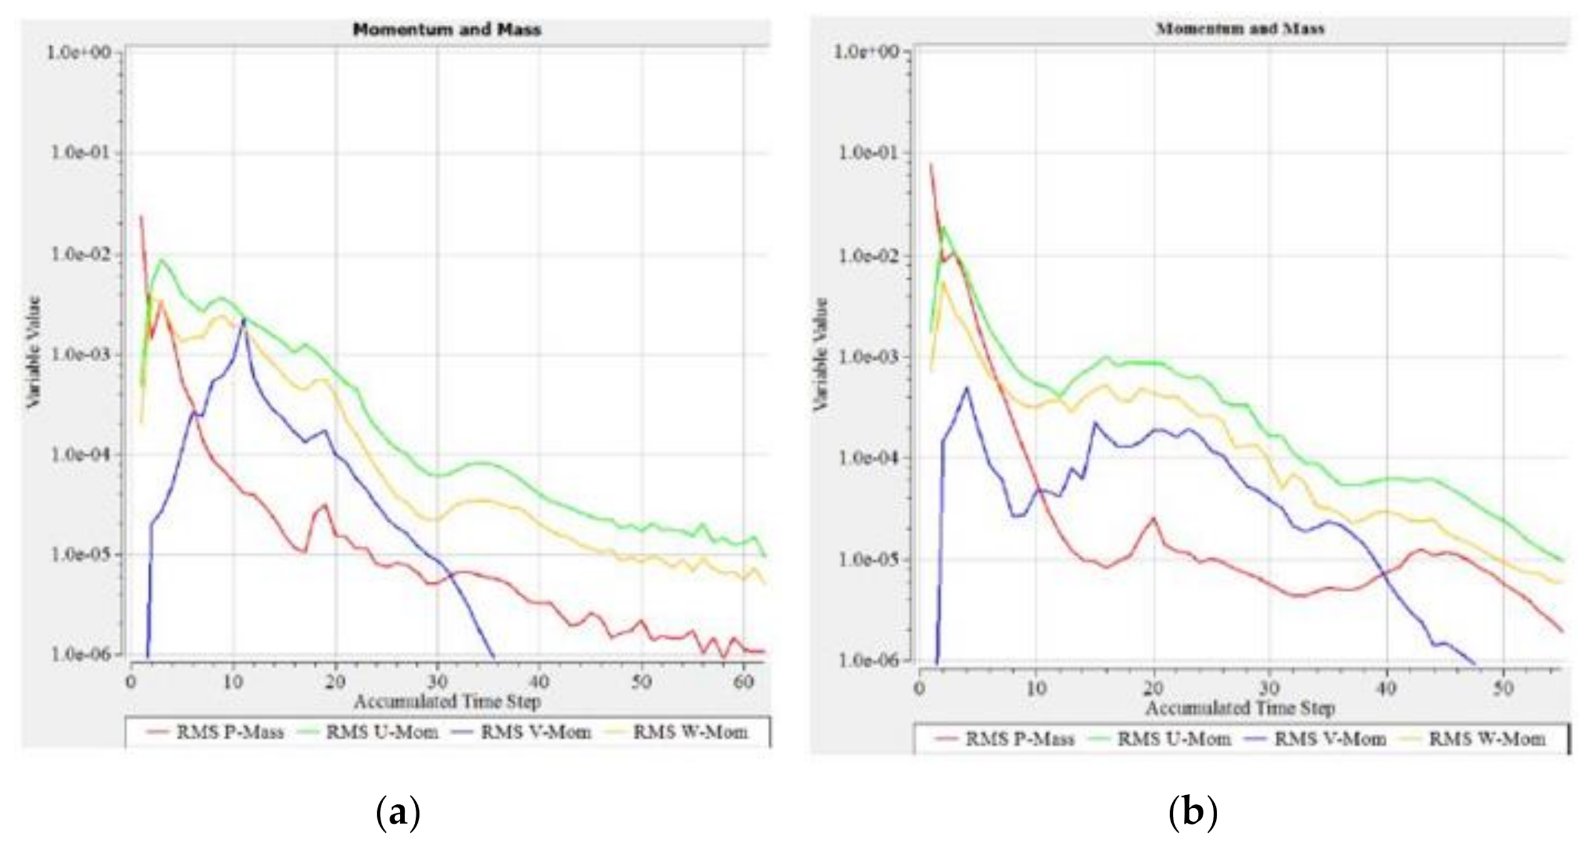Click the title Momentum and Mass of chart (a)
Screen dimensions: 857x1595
pyautogui.click(x=446, y=29)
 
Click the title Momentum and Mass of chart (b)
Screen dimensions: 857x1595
pyautogui.click(x=1240, y=28)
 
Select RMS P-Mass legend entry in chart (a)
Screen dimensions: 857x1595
pyautogui.click(x=229, y=732)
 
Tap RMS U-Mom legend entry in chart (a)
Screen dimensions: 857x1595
pyautogui.click(x=381, y=732)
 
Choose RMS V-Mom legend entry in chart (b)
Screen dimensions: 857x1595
pyautogui.click(x=1329, y=738)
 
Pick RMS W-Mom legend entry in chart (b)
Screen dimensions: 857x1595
pyautogui.click(x=1486, y=738)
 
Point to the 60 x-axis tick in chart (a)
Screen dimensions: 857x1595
pyautogui.click(x=744, y=682)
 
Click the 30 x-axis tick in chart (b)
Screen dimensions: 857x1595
pyautogui.click(x=1269, y=688)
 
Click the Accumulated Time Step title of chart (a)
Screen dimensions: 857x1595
pyautogui.click(x=447, y=701)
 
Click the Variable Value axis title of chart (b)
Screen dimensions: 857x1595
pyautogui.click(x=821, y=353)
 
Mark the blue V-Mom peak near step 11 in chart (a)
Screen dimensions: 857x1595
pyautogui.click(x=244, y=320)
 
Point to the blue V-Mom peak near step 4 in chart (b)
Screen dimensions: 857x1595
pyautogui.click(x=966, y=388)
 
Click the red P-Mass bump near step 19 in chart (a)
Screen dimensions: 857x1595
pyautogui.click(x=325, y=505)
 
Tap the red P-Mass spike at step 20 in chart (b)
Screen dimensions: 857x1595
pyautogui.click(x=1154, y=518)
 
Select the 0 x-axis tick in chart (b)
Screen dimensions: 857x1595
pyautogui.click(x=920, y=688)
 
